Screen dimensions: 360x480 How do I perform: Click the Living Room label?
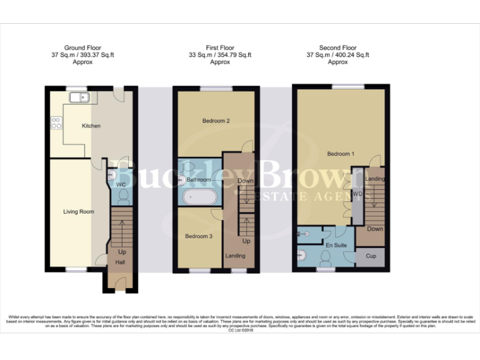[x=79, y=212]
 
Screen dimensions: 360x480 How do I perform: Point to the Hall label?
[x=120, y=262]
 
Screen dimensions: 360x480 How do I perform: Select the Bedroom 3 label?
[x=198, y=236]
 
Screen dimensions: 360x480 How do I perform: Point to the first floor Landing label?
[x=236, y=256]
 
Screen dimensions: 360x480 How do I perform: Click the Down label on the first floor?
[x=245, y=181]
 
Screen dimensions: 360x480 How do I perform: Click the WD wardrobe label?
[x=357, y=194]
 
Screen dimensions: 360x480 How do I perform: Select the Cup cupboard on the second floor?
[x=371, y=256]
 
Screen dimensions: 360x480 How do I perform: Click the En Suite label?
[x=336, y=246]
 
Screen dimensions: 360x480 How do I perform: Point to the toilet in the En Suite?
[x=302, y=255]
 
